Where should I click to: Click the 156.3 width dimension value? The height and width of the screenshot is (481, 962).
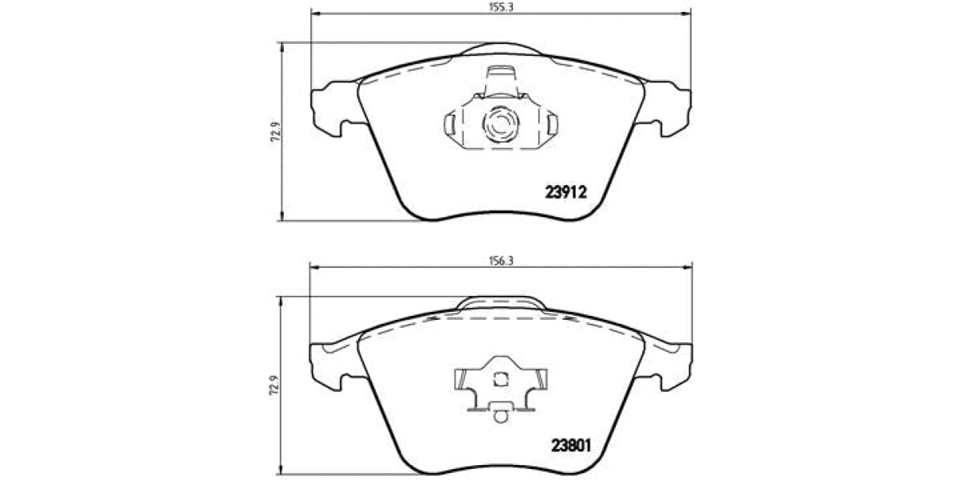tap(500, 261)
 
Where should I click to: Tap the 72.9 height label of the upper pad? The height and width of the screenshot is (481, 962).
tap(273, 132)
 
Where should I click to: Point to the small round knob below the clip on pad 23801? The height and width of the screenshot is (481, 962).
tap(500, 416)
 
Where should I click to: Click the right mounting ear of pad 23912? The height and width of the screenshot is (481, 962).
tap(670, 107)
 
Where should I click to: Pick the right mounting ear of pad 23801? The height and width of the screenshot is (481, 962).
tap(671, 362)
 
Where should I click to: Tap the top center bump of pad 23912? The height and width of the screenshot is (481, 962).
tap(500, 49)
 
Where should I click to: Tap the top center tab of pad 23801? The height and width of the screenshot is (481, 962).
tap(500, 304)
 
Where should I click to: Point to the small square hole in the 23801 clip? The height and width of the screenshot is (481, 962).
tap(500, 379)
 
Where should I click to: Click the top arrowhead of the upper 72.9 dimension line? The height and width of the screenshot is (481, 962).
tap(281, 46)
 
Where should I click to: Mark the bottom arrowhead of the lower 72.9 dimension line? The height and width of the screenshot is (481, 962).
tap(281, 470)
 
